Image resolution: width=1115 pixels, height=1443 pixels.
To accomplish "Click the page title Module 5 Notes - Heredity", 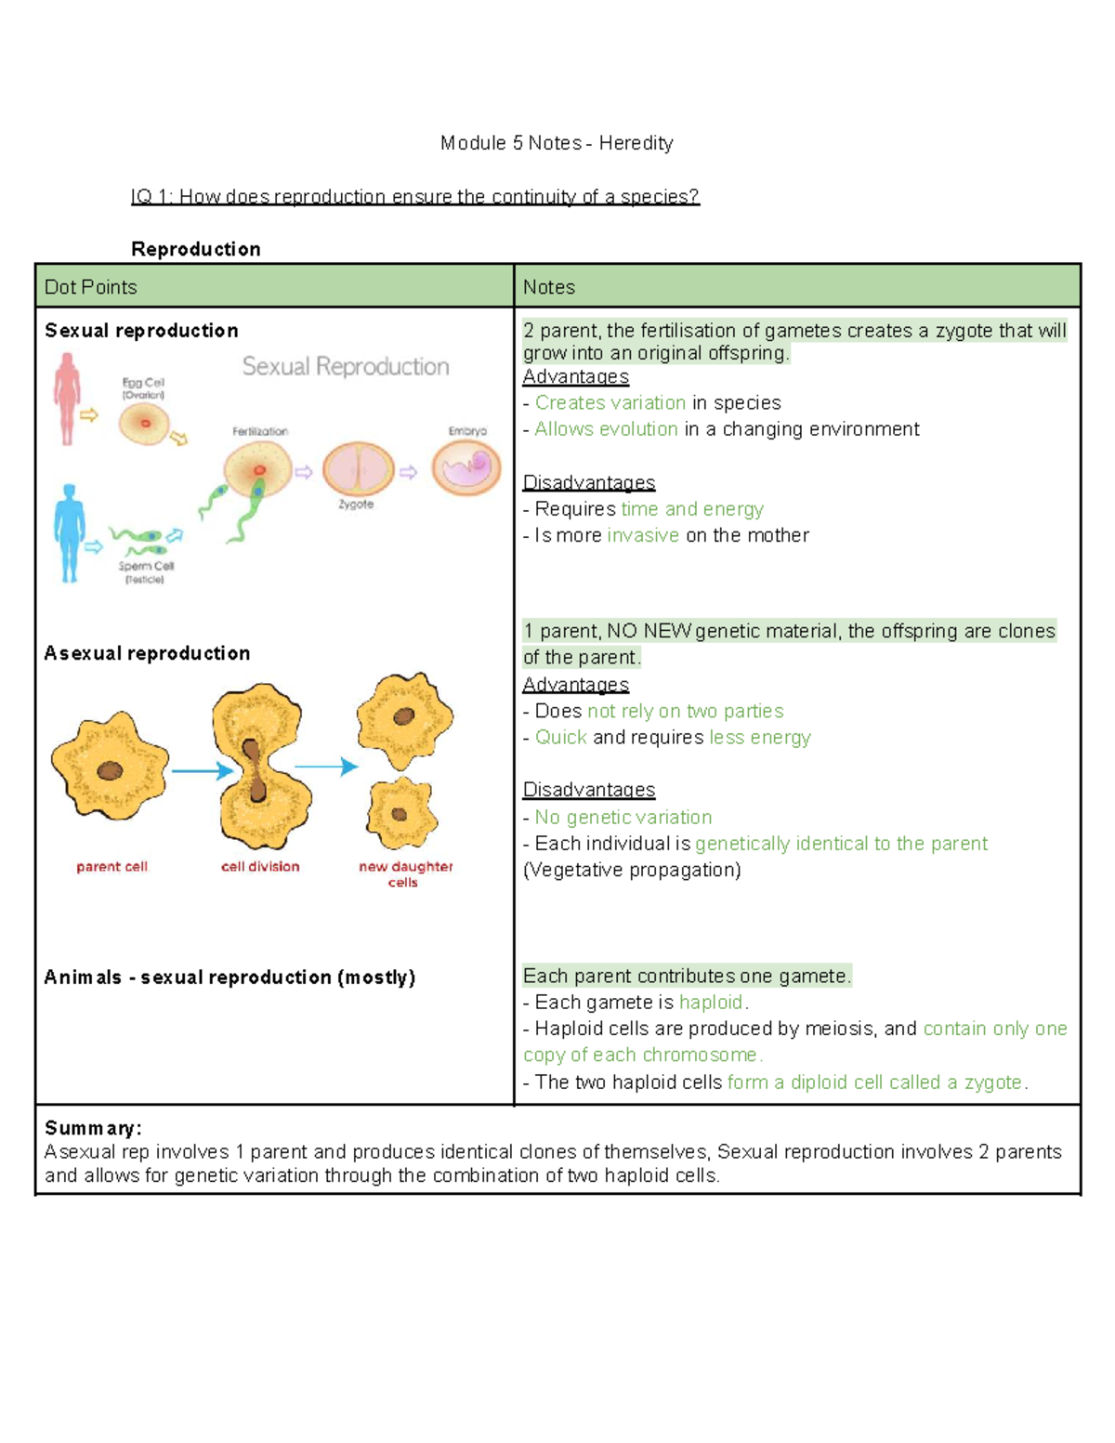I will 557,143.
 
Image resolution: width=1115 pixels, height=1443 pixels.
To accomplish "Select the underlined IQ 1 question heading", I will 414,197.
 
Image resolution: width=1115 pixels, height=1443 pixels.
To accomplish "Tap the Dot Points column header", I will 90,287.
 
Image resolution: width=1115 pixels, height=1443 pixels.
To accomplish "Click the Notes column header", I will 548,287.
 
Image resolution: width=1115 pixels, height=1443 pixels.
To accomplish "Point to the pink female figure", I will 67,398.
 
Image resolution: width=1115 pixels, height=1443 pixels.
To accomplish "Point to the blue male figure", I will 69,532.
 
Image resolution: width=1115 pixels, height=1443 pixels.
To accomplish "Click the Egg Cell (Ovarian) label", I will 143,388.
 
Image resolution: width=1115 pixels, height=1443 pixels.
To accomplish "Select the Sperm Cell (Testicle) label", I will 146,572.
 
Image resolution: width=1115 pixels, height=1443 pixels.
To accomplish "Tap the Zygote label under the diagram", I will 356,505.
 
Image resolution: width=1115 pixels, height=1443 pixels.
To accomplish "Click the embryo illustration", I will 466,466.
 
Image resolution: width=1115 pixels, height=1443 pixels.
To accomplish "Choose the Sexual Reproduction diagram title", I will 346,367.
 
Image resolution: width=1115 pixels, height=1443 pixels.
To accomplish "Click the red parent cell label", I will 111,867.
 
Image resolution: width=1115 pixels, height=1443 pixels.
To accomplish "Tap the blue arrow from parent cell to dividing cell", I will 202,770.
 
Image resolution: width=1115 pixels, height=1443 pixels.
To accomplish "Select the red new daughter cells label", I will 405,873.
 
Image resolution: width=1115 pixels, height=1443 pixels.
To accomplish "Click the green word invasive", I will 643,535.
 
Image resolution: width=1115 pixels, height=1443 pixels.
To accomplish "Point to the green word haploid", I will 711,1003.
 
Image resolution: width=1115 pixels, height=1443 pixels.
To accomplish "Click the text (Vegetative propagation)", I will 632,870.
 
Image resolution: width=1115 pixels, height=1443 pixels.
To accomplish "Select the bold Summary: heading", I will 93,1128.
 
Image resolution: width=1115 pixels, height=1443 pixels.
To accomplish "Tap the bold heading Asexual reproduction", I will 147,653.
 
